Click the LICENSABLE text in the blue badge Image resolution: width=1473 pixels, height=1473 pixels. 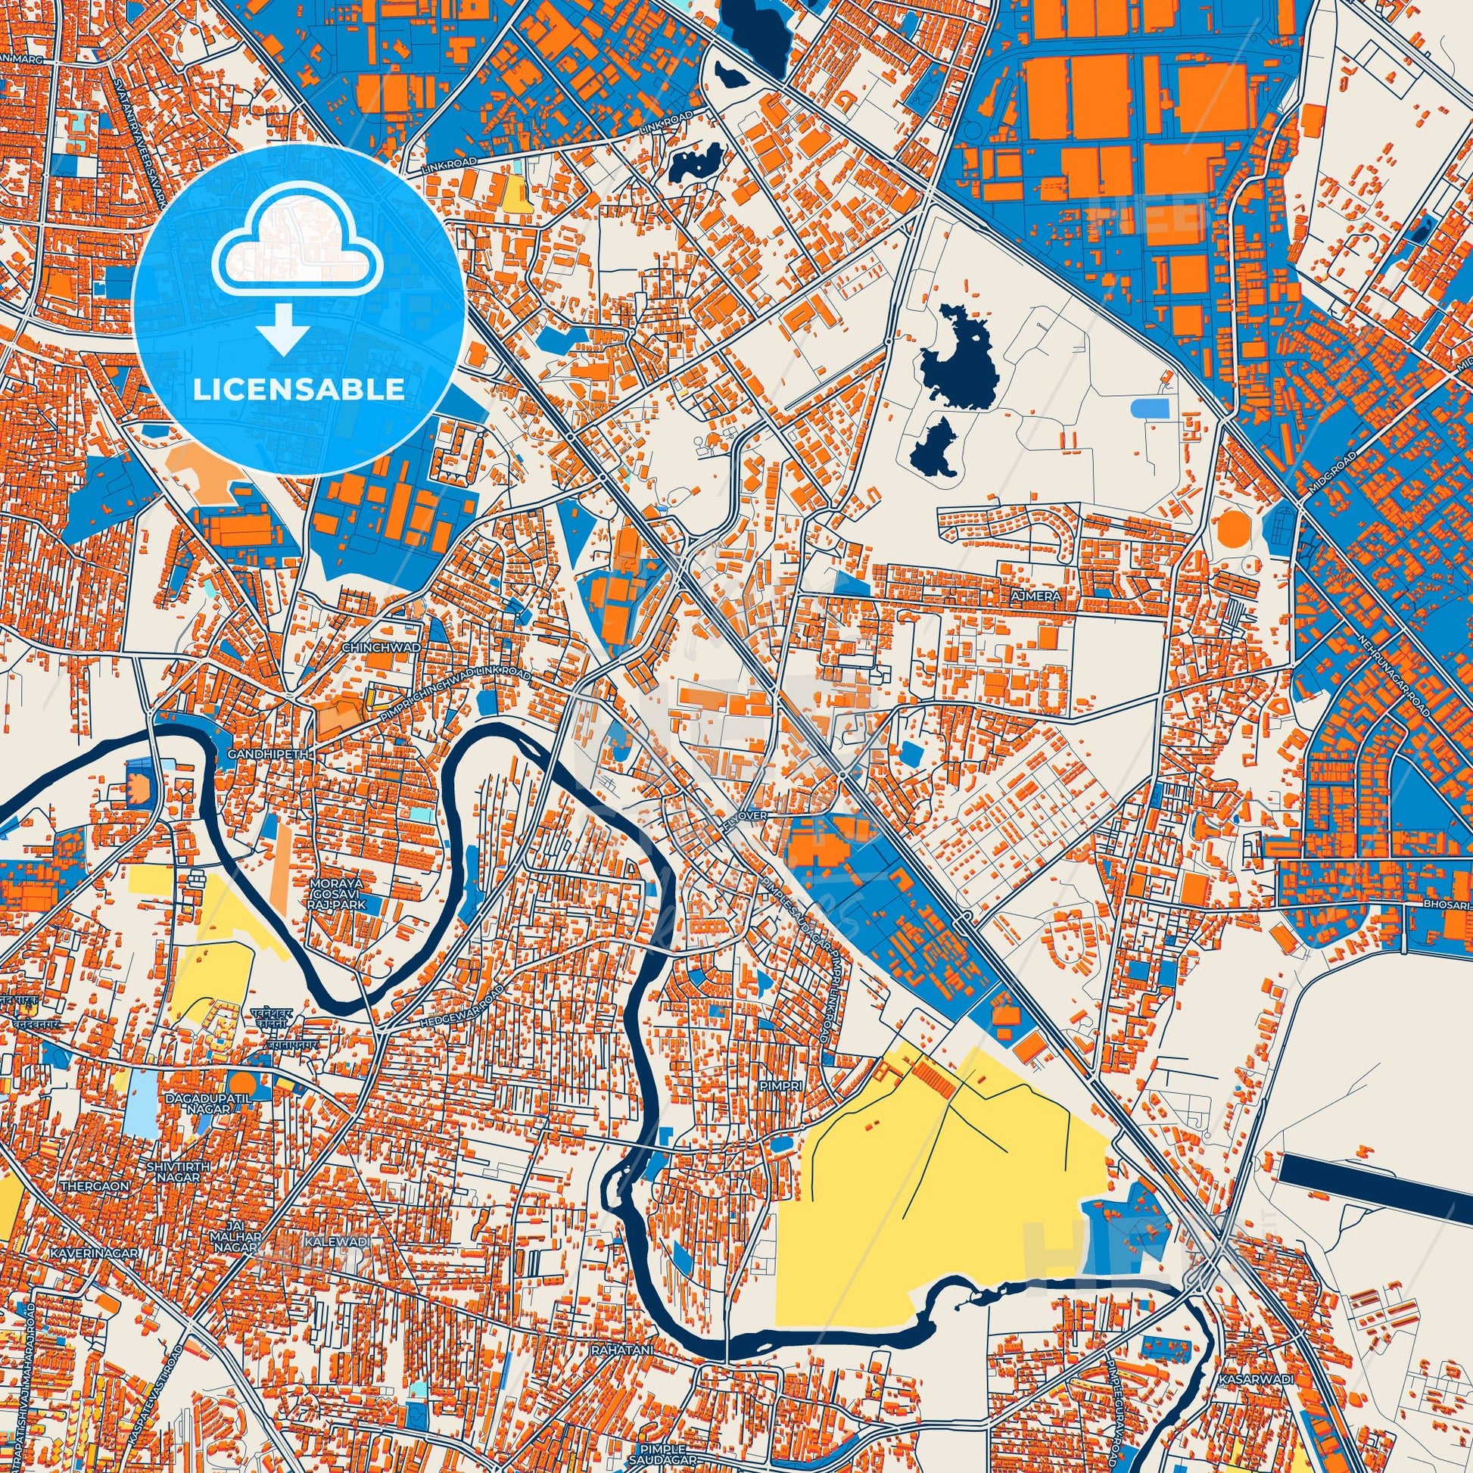299,390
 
